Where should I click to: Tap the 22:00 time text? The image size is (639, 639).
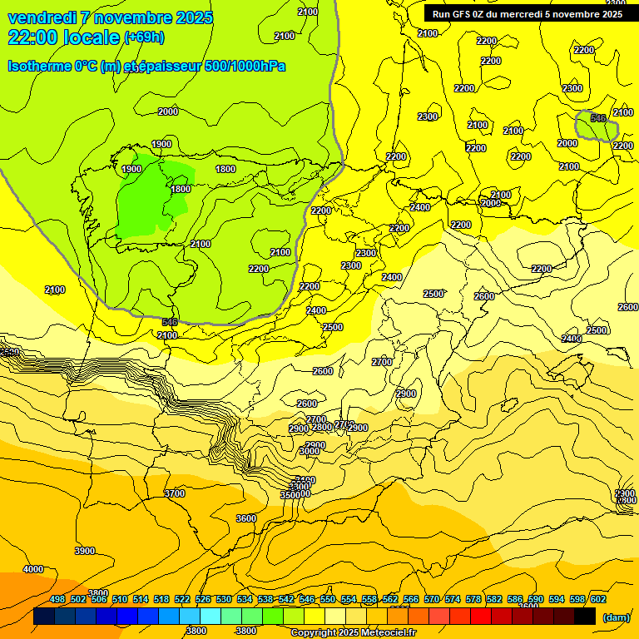pyautogui.click(x=35, y=37)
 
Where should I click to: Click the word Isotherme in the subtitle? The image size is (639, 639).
pyautogui.click(x=38, y=66)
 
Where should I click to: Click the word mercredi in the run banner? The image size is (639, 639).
pyautogui.click(x=513, y=14)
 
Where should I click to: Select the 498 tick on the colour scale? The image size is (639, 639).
pyautogui.click(x=57, y=599)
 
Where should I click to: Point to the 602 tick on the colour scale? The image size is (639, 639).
pyautogui.click(x=598, y=599)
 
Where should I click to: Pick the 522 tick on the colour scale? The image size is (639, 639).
pyautogui.click(x=182, y=599)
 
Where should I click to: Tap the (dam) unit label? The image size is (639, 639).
pyautogui.click(x=617, y=617)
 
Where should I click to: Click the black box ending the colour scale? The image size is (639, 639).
pyautogui.click(x=585, y=617)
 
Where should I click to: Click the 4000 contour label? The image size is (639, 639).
pyautogui.click(x=33, y=569)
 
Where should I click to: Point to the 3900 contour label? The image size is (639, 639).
pyautogui.click(x=85, y=551)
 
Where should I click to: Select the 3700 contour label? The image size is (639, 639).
pyautogui.click(x=175, y=493)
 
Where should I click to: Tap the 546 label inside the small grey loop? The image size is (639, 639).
pyautogui.click(x=598, y=118)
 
